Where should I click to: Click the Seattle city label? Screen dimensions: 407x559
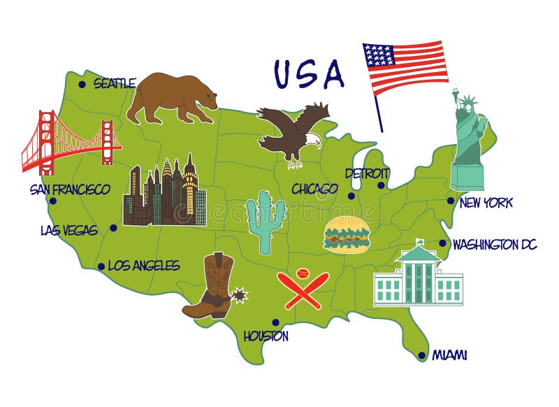(x=114, y=84)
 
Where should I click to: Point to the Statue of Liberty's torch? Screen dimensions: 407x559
(x=455, y=92)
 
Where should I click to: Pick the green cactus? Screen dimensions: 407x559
(x=266, y=220)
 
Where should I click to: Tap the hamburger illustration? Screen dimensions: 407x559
(x=346, y=234)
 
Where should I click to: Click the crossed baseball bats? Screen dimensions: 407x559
(x=303, y=289)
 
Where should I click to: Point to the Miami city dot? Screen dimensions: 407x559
(x=421, y=355)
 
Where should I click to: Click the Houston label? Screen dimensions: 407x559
(x=266, y=336)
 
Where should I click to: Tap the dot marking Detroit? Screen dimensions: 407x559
(x=381, y=185)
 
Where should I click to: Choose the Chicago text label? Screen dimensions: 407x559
(x=314, y=189)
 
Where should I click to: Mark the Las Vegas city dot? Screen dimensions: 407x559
(x=113, y=227)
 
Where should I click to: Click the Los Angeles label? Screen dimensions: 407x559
(x=144, y=266)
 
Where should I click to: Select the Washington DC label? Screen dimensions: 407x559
(x=495, y=245)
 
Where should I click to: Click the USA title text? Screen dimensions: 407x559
(x=309, y=74)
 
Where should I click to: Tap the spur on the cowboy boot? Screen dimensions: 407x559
(x=240, y=294)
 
